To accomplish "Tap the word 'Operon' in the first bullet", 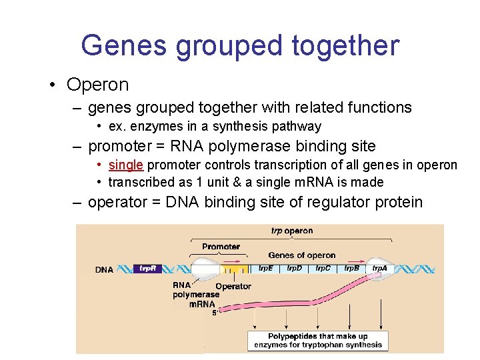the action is click(x=97, y=85).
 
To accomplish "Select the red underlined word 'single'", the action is click(x=125, y=165).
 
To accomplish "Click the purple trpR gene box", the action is click(x=147, y=269).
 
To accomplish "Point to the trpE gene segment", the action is click(x=265, y=268).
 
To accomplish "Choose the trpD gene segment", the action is click(x=294, y=268).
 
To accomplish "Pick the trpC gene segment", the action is click(x=323, y=268).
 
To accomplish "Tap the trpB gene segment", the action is click(x=351, y=268).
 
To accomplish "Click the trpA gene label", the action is click(x=379, y=268).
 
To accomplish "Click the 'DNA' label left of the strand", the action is click(x=105, y=270).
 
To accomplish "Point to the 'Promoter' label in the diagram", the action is click(x=221, y=247).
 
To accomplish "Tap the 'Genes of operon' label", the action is click(x=301, y=255).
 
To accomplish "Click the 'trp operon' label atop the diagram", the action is click(x=291, y=231).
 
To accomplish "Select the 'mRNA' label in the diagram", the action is click(x=202, y=304).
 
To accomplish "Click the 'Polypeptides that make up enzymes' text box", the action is click(x=318, y=340).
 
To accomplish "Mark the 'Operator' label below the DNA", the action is click(x=233, y=286).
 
